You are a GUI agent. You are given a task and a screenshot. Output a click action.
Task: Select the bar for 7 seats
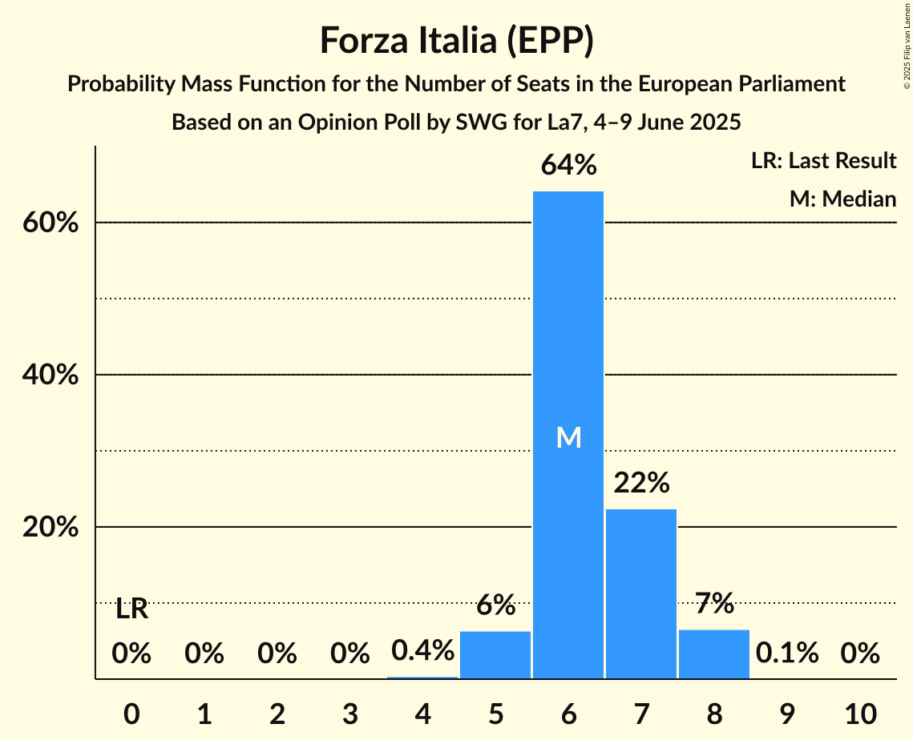pos(641,593)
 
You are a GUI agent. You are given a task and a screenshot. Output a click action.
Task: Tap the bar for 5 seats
pos(495,654)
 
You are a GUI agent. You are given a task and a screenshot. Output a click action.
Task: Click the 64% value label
pos(568,166)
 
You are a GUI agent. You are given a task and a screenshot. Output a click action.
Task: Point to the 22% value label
pos(641,483)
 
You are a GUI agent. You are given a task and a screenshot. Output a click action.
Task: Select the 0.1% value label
pos(786,654)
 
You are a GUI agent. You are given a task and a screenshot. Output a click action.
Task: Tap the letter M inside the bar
pos(568,437)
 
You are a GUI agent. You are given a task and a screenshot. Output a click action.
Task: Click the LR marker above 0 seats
pos(131,609)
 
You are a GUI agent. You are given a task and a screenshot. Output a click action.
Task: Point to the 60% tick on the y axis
pos(50,223)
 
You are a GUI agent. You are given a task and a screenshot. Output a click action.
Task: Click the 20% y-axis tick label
pos(50,528)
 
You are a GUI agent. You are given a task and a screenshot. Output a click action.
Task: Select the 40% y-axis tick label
pos(50,375)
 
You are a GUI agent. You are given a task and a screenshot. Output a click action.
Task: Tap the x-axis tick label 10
pos(859,712)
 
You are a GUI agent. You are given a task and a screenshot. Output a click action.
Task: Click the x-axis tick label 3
pos(349,712)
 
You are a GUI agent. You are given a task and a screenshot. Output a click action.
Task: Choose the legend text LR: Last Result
pos(823,161)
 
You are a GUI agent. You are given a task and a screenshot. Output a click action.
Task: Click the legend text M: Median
pos(842,199)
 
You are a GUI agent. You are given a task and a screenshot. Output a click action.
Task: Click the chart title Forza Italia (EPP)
pos(456,40)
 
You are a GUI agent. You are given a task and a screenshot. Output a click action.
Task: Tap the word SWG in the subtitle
pos(479,123)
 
